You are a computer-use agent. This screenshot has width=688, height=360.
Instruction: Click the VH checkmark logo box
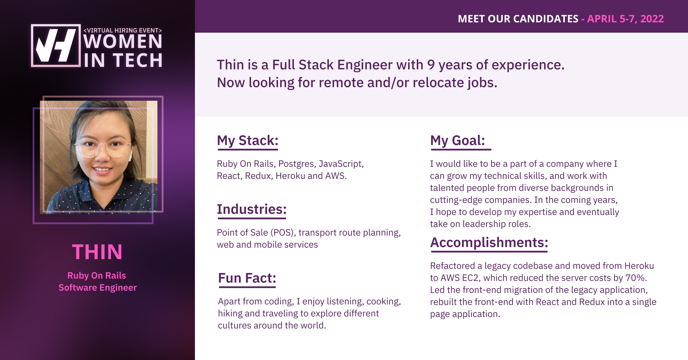coord(56,46)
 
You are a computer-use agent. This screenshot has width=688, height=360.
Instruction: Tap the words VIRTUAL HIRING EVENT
coord(123,30)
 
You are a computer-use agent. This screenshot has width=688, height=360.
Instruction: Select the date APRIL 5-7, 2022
coord(626,19)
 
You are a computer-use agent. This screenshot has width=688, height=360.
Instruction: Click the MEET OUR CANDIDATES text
coord(518,19)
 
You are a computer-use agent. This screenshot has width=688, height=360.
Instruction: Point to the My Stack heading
coord(248,141)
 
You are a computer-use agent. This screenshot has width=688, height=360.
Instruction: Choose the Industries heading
coord(252,209)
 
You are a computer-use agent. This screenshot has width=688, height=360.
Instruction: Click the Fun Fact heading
coord(247,278)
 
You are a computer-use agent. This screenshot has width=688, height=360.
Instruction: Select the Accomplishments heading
coord(489,243)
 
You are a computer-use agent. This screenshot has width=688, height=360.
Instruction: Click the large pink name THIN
coord(97,252)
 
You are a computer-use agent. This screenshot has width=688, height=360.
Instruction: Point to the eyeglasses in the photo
coord(103,147)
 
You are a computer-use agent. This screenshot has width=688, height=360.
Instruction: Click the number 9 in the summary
coord(431,65)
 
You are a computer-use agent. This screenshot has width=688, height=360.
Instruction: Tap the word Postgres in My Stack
coord(297,164)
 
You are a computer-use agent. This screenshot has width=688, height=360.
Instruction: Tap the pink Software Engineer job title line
coord(98,287)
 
